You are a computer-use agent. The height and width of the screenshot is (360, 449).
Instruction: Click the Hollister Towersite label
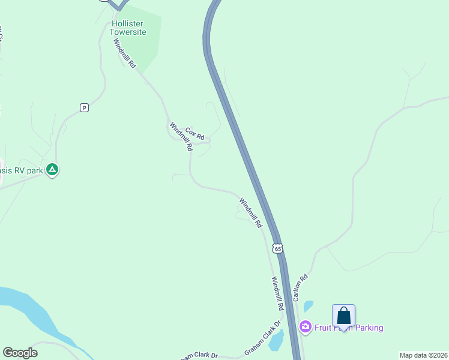pyautogui.click(x=129, y=28)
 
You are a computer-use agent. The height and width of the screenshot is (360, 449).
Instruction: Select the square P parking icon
pyautogui.click(x=84, y=107)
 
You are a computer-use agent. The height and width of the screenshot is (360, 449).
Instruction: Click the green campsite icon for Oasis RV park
pyautogui.click(x=52, y=170)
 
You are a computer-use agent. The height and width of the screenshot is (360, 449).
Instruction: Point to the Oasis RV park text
pyautogui.click(x=22, y=170)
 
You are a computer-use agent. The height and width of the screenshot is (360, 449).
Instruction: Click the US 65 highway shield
pyautogui.click(x=277, y=248)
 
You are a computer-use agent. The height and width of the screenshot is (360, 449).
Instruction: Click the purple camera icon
pyautogui.click(x=305, y=327)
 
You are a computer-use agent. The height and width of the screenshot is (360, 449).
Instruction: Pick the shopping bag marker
pyautogui.click(x=343, y=316)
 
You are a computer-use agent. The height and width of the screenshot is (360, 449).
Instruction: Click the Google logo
pyautogui.click(x=20, y=353)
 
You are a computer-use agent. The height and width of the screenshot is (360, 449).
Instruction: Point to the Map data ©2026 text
pyautogui.click(x=423, y=355)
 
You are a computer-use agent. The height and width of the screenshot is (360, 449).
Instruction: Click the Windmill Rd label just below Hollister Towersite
pyautogui.click(x=125, y=53)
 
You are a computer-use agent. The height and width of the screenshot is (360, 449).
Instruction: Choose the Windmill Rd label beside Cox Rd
pyautogui.click(x=180, y=137)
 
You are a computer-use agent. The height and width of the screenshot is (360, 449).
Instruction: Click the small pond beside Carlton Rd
pyautogui.click(x=308, y=306)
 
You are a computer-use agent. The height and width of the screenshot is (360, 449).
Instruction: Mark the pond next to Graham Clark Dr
pyautogui.click(x=276, y=341)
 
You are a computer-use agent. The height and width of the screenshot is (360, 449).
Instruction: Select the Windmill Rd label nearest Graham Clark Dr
pyautogui.click(x=277, y=293)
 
